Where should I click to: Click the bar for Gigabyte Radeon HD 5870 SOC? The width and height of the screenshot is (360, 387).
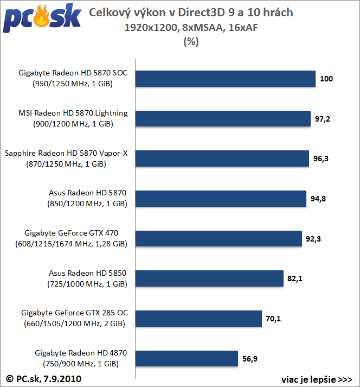[225, 79]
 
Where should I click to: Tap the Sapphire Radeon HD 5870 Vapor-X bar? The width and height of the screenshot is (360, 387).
[222, 158]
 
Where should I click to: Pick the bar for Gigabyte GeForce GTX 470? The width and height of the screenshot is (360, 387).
[218, 238]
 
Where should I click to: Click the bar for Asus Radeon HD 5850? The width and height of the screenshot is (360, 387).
[209, 278]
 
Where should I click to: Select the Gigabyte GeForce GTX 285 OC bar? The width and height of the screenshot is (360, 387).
[198, 319]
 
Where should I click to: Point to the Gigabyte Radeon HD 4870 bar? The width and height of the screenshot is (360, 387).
[187, 359]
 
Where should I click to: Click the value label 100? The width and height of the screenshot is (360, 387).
[326, 79]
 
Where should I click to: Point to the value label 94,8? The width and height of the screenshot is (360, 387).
[319, 199]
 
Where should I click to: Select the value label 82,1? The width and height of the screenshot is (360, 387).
[294, 279]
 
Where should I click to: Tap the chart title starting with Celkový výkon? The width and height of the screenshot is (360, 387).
[190, 12]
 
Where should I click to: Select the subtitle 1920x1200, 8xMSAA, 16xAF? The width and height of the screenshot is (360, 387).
[190, 27]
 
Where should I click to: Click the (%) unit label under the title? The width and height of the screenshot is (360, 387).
[190, 41]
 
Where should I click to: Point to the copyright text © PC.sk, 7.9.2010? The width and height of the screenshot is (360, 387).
[44, 378]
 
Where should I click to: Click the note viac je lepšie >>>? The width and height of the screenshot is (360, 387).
[317, 378]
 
